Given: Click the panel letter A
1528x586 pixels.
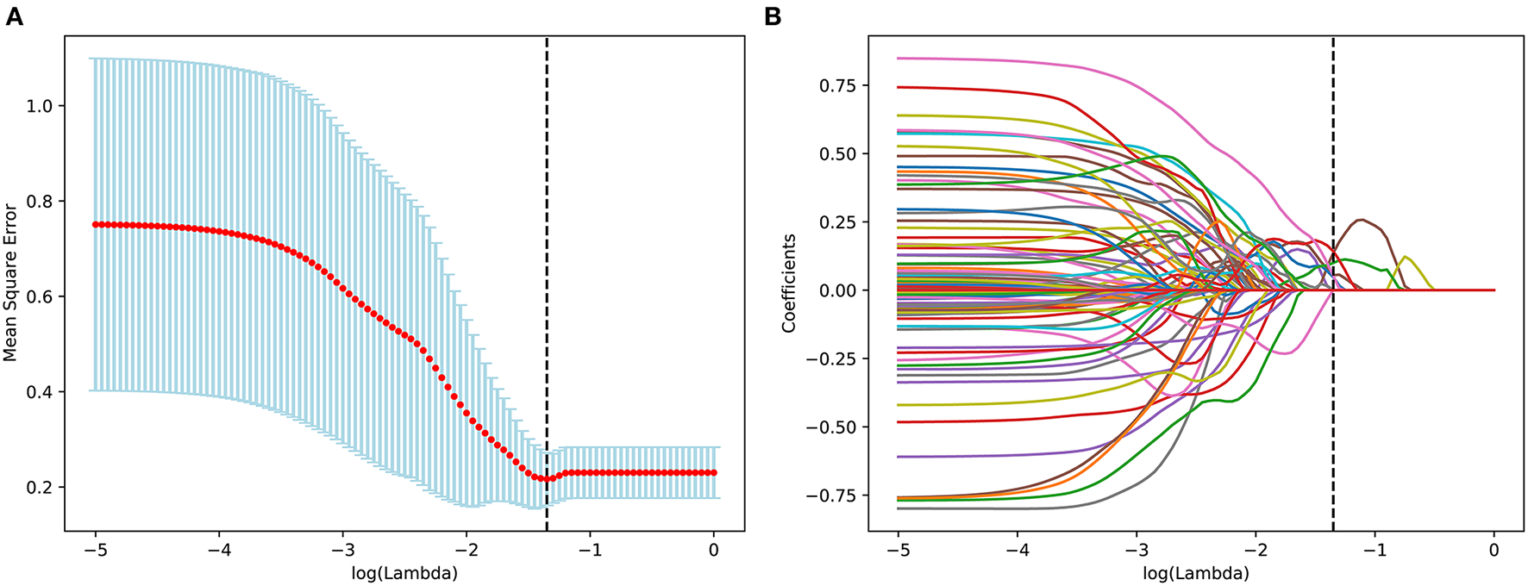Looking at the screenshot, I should (14, 16).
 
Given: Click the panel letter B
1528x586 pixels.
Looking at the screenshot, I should (773, 16).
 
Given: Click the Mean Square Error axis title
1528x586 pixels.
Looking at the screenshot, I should (10, 283).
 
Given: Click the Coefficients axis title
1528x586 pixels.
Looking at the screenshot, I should (788, 283).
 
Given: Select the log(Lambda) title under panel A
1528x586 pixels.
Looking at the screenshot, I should (404, 572).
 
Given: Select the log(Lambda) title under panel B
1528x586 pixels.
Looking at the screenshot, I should (1196, 572).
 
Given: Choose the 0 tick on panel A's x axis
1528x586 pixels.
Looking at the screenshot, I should (713, 549).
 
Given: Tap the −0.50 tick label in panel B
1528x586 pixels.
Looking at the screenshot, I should (832, 427).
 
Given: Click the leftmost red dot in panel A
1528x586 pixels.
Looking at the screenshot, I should (96, 224).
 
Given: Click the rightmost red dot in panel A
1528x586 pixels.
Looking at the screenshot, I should (714, 472).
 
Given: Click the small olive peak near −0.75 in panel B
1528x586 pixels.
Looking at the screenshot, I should (1406, 257).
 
